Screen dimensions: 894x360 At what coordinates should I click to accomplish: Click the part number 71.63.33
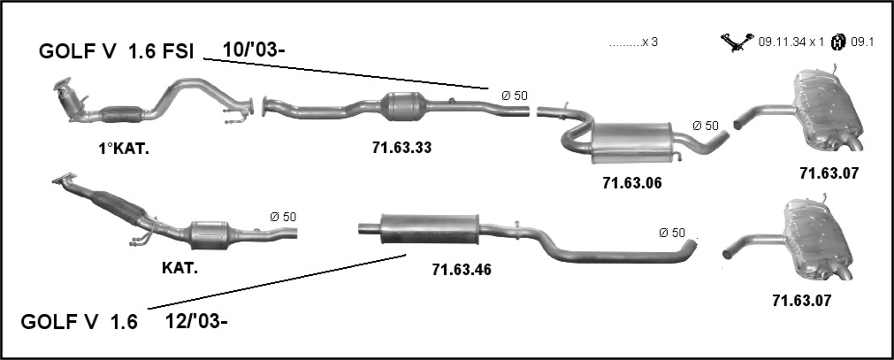402,148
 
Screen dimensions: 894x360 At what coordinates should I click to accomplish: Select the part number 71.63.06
632,183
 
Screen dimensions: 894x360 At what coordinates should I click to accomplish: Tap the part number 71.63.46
462,269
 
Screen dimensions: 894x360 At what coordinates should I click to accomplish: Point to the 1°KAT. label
125,149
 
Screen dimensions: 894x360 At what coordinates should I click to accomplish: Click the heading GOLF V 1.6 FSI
117,52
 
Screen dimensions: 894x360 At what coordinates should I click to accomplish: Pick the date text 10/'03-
253,50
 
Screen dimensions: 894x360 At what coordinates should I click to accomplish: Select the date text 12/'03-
196,322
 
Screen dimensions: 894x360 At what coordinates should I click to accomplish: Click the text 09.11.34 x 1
791,42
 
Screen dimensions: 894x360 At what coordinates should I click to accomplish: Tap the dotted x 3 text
633,42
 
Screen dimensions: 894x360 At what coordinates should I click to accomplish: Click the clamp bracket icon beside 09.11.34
737,42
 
